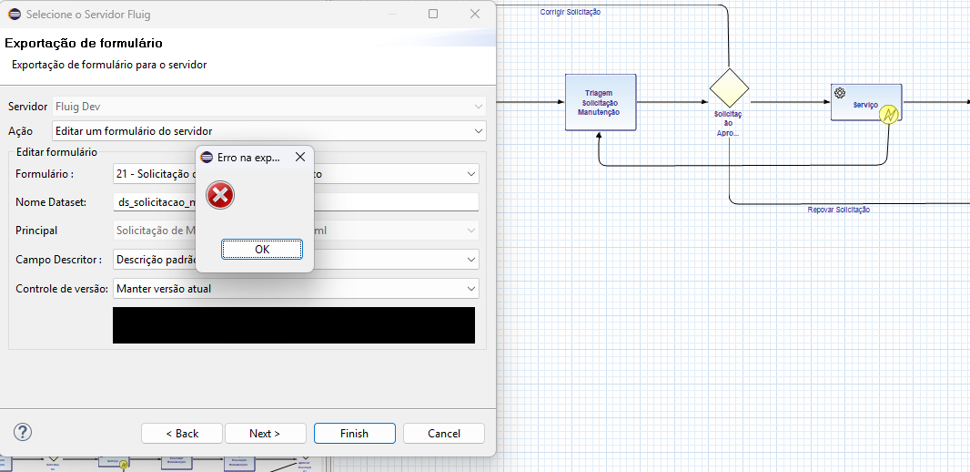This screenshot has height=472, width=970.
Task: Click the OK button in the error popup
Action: tap(262, 249)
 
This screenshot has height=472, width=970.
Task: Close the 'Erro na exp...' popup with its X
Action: tap(300, 158)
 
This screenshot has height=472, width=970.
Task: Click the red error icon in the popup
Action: tap(220, 195)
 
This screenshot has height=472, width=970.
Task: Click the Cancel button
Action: tap(444, 433)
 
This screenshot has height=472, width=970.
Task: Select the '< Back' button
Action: tap(182, 433)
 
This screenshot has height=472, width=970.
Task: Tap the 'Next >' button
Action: tap(265, 433)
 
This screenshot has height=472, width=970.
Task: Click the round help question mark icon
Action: tap(24, 432)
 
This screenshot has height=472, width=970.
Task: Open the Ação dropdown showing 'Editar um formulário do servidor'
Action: tap(268, 131)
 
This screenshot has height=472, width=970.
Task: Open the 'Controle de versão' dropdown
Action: tap(295, 289)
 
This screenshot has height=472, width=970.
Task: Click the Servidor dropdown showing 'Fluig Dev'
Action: tap(268, 107)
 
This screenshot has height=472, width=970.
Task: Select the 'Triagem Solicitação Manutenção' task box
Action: tap(599, 102)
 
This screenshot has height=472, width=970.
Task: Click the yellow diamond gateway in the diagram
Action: tap(729, 87)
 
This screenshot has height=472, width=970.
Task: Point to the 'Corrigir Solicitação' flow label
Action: tap(571, 12)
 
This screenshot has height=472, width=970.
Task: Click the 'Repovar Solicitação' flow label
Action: tap(839, 210)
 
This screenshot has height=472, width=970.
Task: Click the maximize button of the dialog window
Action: tap(433, 14)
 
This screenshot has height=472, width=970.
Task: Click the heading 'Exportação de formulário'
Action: tap(84, 44)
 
